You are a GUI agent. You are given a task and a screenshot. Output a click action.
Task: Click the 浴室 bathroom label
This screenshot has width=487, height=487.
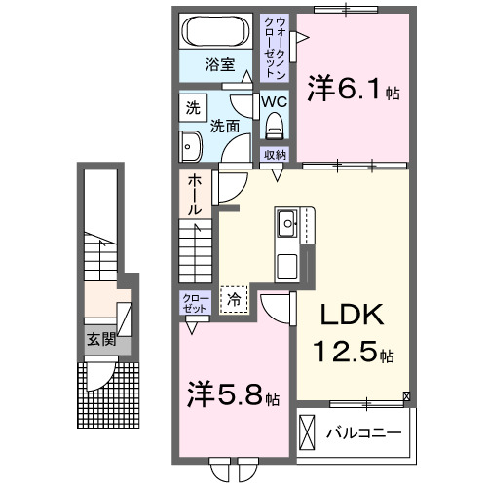pos(219,65)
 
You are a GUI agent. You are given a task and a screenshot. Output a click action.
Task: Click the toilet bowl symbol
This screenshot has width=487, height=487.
pos(273,125)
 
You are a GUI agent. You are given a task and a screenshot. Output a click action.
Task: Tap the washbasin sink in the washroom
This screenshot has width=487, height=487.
pos(189,147)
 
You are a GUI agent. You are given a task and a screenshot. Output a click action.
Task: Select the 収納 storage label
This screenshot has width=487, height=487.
pos(274,154)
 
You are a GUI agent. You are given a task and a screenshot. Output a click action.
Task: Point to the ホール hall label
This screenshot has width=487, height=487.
pos(195,194)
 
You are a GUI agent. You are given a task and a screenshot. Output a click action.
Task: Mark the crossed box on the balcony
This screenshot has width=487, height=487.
pos(308,430)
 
